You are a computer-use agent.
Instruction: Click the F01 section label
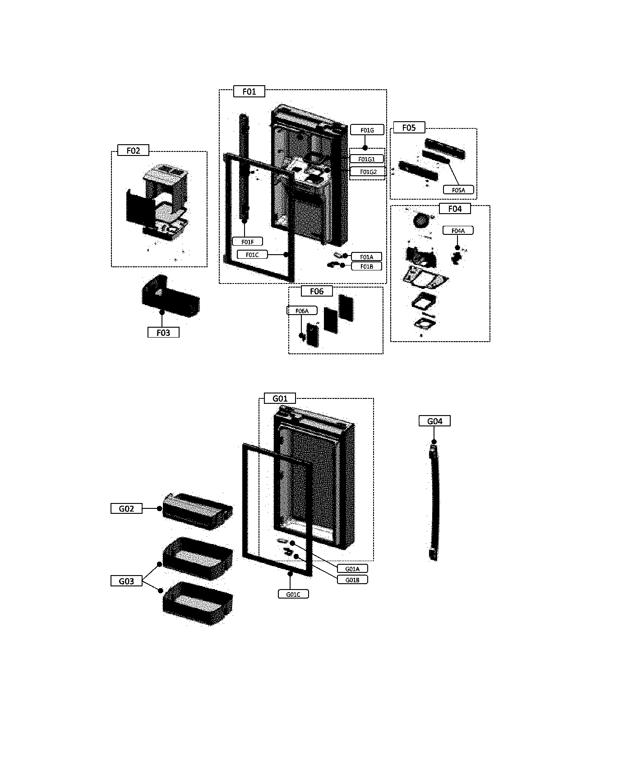click(x=249, y=91)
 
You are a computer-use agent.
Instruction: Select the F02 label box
click(x=133, y=151)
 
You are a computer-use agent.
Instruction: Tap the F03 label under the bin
click(x=163, y=333)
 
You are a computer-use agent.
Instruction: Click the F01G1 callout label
click(x=367, y=159)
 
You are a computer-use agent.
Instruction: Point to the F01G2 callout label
click(x=368, y=172)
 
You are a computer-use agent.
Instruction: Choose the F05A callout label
click(x=458, y=190)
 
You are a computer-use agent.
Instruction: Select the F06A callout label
click(x=302, y=311)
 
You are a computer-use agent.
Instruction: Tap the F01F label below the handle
click(x=247, y=242)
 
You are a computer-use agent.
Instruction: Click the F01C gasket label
click(x=252, y=255)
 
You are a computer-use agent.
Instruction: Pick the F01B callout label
click(x=366, y=266)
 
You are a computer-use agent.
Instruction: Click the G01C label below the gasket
click(x=293, y=594)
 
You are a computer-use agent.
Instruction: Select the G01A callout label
click(x=352, y=569)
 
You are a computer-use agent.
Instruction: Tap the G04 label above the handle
click(x=434, y=421)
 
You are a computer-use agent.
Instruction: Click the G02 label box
click(x=126, y=508)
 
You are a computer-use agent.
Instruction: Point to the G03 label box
click(x=126, y=581)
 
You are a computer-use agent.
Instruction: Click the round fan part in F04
click(x=420, y=221)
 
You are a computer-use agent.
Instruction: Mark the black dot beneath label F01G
click(x=365, y=147)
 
